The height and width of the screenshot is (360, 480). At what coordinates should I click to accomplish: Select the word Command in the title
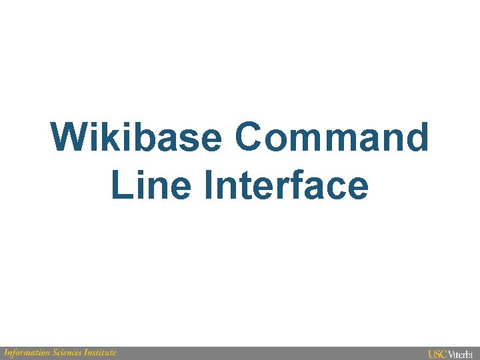click(331, 137)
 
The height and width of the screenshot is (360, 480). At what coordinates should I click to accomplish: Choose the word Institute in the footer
click(101, 353)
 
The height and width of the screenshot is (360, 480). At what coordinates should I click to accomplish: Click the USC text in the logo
click(437, 354)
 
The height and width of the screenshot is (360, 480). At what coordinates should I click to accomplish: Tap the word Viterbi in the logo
click(461, 354)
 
